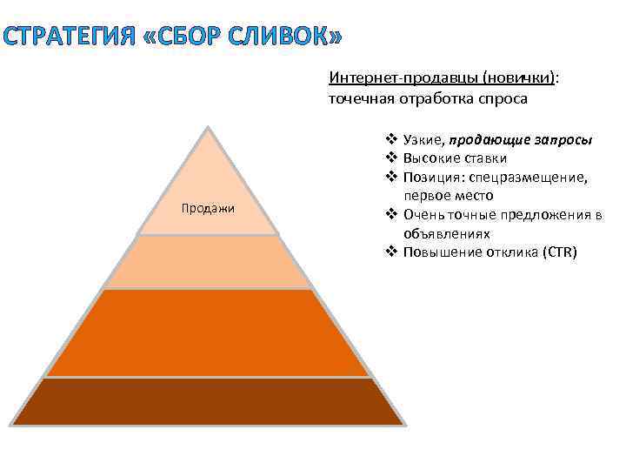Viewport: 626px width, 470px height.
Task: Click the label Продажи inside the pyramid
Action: point(208,208)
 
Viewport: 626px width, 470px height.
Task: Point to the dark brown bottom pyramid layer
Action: point(208,401)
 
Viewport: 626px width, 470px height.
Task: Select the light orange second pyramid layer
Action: point(208,262)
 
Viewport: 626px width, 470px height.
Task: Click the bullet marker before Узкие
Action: point(390,140)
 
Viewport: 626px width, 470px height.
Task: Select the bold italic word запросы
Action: point(564,140)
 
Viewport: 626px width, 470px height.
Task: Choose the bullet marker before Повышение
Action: point(390,253)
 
